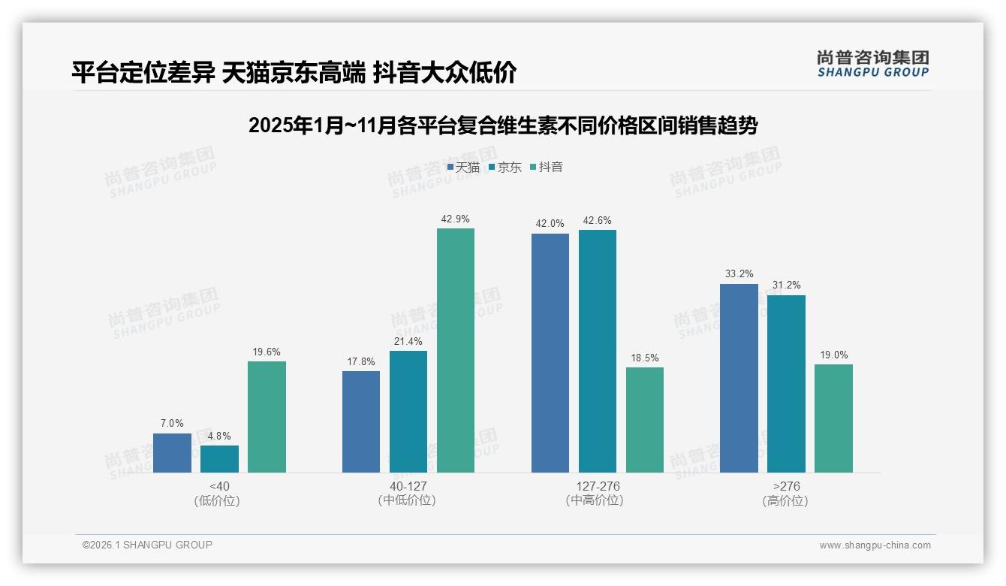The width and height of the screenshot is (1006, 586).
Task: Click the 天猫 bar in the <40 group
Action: click(172, 453)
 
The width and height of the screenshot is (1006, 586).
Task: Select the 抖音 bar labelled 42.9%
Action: click(456, 350)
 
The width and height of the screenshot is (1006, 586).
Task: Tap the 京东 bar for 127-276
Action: click(598, 351)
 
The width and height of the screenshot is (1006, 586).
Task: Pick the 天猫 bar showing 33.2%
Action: click(739, 378)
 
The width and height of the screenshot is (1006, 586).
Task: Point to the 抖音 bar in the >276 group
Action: click(833, 418)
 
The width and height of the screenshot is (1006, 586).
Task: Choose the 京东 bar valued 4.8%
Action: click(219, 459)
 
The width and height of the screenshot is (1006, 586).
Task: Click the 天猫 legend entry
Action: click(463, 168)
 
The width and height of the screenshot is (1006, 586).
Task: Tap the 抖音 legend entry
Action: click(547, 168)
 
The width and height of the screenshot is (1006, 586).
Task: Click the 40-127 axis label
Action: click(408, 486)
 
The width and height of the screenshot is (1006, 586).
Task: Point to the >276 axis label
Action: click(785, 486)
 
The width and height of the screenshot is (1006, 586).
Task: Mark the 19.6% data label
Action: click(267, 352)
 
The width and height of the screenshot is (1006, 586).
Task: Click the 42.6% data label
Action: click(597, 221)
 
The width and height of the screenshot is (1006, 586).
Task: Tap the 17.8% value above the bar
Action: click(361, 361)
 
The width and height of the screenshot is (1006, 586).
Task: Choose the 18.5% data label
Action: click(644, 358)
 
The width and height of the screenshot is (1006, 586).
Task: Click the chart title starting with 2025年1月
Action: click(503, 125)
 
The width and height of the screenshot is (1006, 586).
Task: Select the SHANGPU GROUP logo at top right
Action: click(872, 64)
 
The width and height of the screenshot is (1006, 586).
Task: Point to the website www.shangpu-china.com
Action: click(875, 545)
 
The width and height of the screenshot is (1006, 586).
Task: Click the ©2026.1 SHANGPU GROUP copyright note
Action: click(147, 545)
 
